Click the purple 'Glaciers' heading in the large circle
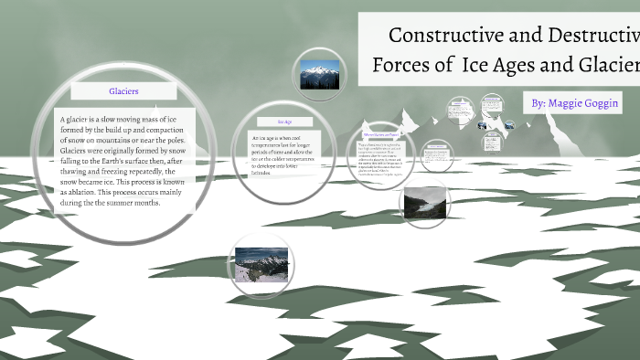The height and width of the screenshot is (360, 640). [123, 91]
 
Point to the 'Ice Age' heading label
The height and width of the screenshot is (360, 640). [284, 121]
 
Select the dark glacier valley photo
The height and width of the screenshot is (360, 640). [424, 202]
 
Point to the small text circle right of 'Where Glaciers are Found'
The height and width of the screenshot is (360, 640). [436, 155]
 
